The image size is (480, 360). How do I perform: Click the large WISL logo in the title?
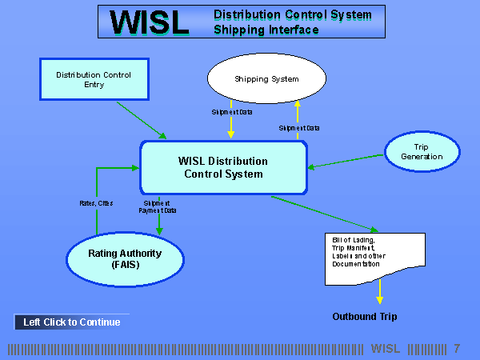point(150,22)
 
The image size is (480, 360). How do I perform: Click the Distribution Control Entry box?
point(94,79)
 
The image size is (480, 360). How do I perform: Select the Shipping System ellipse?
point(266,79)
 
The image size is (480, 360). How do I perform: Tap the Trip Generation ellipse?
point(422,152)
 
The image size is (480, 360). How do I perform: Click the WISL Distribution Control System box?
point(223,167)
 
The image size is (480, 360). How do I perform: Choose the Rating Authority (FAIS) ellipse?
point(125,258)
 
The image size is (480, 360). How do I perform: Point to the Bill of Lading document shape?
point(374,257)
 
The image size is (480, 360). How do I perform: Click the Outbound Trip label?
point(364,317)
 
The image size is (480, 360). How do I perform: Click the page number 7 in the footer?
point(457,348)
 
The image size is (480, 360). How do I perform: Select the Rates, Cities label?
point(97,203)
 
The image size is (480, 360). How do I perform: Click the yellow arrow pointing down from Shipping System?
point(231,120)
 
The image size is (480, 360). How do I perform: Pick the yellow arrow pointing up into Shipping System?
point(297,120)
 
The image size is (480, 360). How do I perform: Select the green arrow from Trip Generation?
point(346,161)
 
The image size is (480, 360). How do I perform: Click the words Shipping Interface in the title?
point(266,30)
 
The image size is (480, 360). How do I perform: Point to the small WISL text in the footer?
point(386,348)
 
